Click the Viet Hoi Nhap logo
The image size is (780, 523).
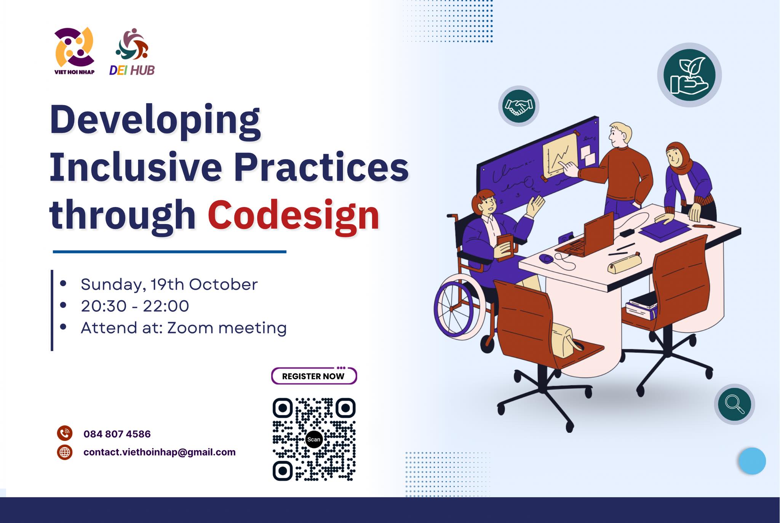74,51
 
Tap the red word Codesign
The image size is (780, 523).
294,216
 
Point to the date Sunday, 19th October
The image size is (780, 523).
169,284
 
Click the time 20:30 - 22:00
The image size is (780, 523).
135,306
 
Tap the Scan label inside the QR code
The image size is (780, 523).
314,440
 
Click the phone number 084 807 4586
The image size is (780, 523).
117,434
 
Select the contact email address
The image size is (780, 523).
160,452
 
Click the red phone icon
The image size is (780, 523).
65,433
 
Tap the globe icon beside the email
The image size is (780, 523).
65,452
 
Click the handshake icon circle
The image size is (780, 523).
519,106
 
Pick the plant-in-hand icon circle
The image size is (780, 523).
689,75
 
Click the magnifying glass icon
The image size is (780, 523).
734,404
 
